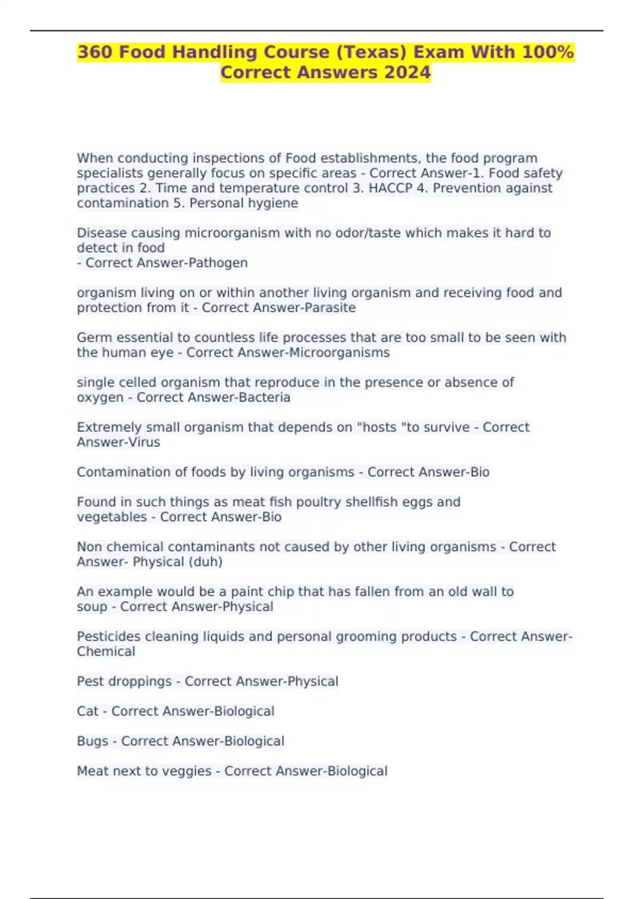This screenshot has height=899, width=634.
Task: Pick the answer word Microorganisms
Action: click(339, 353)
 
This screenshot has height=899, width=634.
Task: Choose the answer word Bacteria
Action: click(265, 397)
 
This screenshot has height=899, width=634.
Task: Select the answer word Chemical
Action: click(106, 652)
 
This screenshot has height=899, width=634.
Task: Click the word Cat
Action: click(87, 711)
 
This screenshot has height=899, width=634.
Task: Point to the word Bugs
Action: click(92, 741)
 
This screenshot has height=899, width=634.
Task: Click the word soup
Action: click(92, 607)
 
